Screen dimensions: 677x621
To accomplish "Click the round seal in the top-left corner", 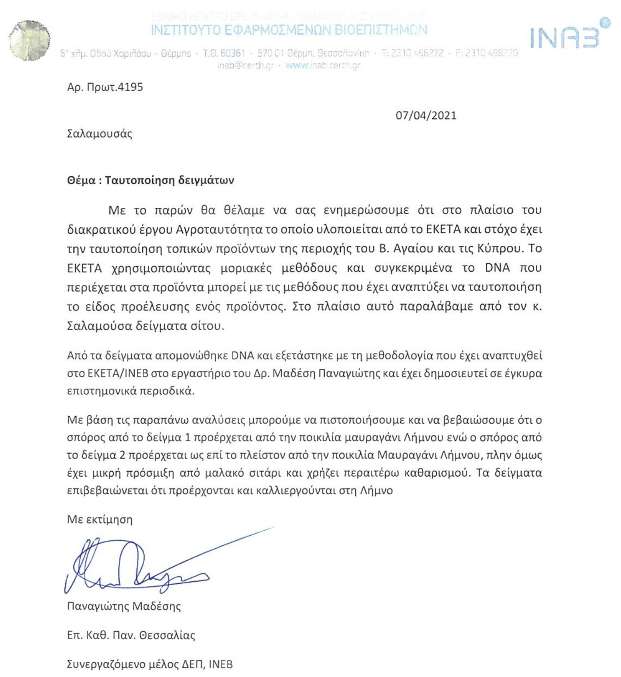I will pos(29,40).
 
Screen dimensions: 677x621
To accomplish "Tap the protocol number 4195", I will pos(130,87).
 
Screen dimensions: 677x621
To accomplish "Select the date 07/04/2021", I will pos(426,115).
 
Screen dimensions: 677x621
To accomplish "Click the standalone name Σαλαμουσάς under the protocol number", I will pos(100,134).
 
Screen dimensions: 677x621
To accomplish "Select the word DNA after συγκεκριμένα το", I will pos(497,268).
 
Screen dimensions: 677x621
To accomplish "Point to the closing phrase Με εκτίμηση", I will pos(100,520).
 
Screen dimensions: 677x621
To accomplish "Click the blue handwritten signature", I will pos(136,565).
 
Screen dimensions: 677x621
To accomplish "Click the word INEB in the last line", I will pos(220,664).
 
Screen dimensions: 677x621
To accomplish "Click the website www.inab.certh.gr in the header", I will pos(323,65).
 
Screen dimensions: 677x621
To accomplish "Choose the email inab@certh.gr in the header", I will pos(246,65).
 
